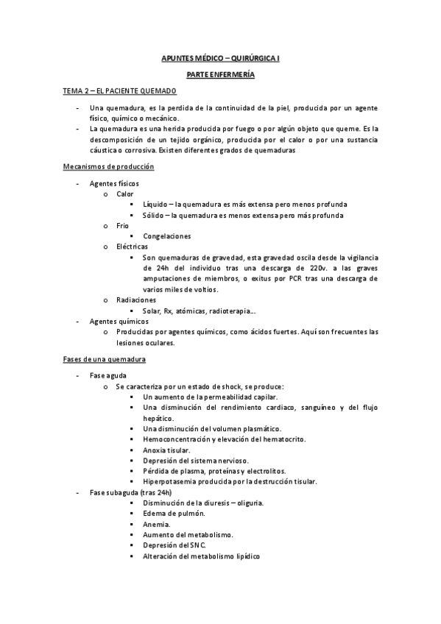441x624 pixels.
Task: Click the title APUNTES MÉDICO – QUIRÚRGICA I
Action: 220,57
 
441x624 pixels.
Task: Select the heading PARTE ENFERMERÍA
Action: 220,75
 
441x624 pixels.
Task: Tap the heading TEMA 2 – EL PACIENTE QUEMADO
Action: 119,91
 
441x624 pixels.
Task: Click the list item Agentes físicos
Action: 114,183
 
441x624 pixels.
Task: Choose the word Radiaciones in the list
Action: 135,300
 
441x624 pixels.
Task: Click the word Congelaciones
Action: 167,236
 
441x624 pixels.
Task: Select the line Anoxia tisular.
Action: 167,450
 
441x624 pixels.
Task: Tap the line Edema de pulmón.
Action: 174,514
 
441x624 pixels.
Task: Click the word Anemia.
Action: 157,524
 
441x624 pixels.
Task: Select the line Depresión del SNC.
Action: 174,545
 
